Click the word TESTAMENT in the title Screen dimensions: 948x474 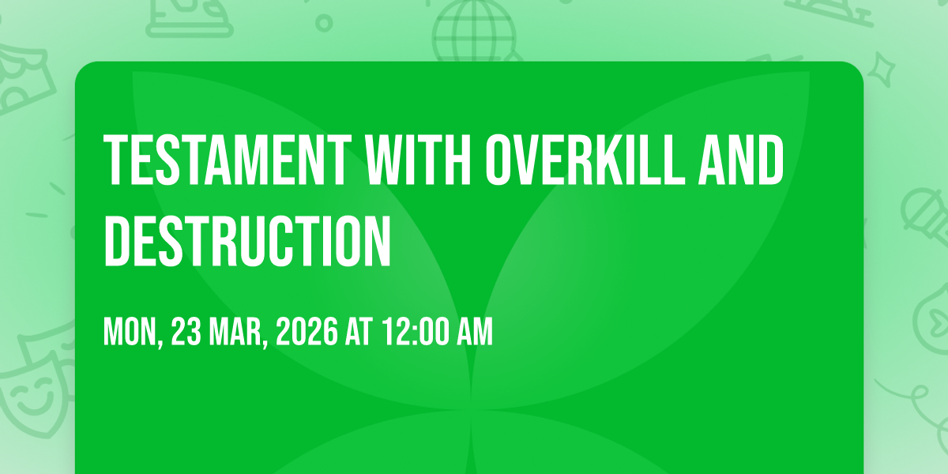[x=228, y=160]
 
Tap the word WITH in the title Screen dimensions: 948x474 [x=419, y=160]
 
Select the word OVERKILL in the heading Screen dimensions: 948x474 [x=585, y=160]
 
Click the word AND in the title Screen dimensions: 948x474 [x=741, y=160]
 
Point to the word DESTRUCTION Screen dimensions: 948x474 [x=247, y=241]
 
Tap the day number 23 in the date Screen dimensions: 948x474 [x=186, y=331]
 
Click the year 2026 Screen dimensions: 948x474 [x=307, y=331]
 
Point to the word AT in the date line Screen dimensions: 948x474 [x=359, y=331]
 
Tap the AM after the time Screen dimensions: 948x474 [x=475, y=331]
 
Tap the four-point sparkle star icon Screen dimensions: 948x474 [x=881, y=70]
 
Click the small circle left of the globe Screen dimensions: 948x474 [x=324, y=23]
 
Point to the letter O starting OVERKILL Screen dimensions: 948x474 [x=498, y=160]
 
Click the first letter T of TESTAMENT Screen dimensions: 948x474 [x=116, y=160]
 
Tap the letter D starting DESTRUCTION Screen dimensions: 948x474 [x=117, y=241]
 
